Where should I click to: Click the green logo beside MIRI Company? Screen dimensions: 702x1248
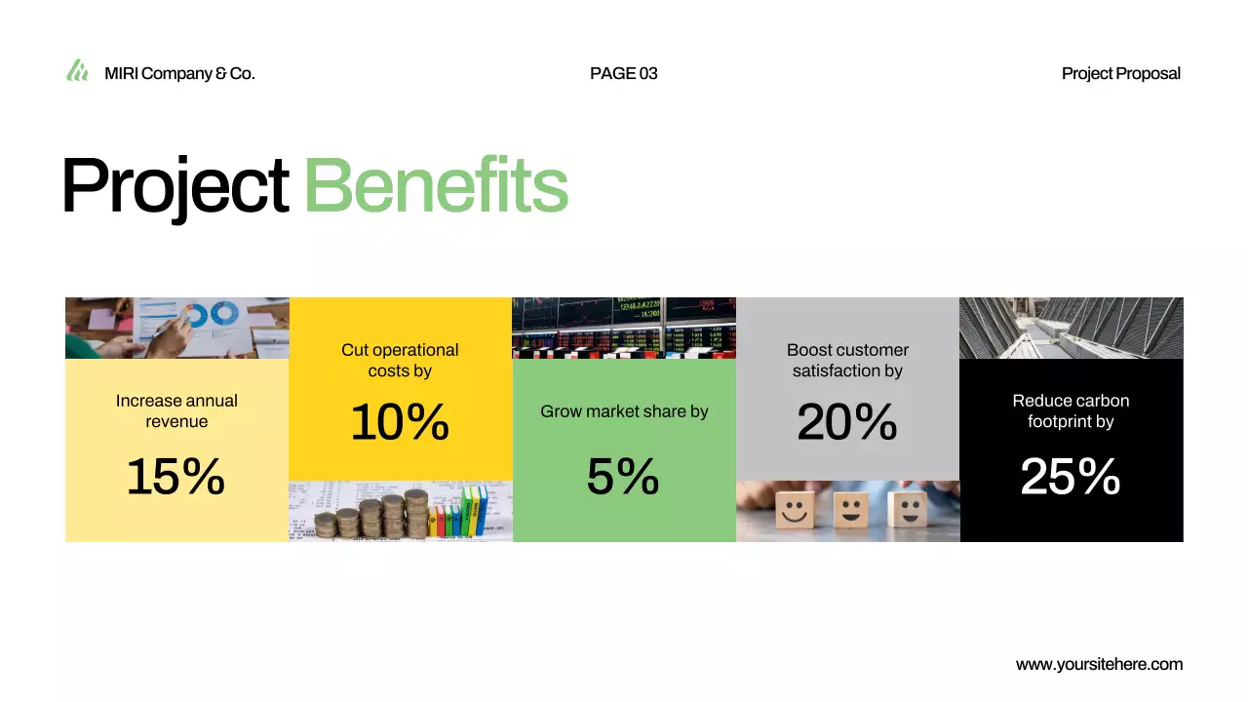[x=77, y=70]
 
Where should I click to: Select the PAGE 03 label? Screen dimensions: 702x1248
[x=624, y=73]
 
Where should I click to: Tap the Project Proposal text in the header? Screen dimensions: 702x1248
[x=1120, y=73]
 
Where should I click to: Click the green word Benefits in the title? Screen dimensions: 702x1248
[x=436, y=185]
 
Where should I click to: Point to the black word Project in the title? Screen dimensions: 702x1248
[x=175, y=185]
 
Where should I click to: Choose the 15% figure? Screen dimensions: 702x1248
[x=175, y=477]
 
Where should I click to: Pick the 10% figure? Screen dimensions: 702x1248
[x=400, y=422]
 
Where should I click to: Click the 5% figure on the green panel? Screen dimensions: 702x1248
[x=623, y=477]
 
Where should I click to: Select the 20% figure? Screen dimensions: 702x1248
[x=847, y=422]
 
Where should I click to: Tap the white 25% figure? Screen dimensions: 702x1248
[x=1071, y=477]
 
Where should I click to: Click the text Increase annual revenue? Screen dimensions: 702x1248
[x=176, y=410]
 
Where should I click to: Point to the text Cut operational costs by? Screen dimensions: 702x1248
[x=400, y=360]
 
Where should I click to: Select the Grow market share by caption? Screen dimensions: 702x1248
[x=624, y=411]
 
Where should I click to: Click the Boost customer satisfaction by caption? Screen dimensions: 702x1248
[x=847, y=360]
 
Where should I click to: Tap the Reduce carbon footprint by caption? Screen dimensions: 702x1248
[x=1071, y=410]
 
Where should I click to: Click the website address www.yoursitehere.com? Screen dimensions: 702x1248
[x=1099, y=664]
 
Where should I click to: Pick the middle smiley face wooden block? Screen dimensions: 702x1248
[x=851, y=509]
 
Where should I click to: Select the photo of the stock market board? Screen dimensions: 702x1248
[x=624, y=328]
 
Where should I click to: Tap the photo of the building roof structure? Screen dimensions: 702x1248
[x=1071, y=328]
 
